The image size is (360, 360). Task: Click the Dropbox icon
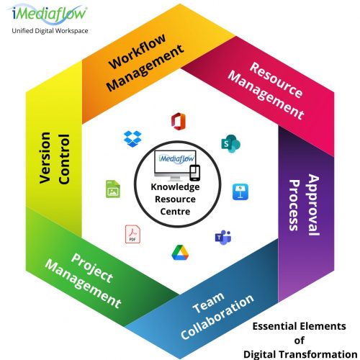click(132, 139)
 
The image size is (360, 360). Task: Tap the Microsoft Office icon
click(179, 122)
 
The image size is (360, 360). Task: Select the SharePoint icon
click(230, 143)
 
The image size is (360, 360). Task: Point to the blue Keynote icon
click(240, 192)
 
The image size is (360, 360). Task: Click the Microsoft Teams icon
click(223, 238)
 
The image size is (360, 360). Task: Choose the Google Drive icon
click(180, 253)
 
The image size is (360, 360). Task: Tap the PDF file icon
click(132, 234)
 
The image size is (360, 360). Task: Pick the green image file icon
click(113, 189)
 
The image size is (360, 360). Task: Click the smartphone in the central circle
click(195, 173)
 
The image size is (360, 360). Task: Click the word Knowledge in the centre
click(175, 187)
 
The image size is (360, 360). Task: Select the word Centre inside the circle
click(175, 212)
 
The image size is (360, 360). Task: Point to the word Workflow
click(137, 51)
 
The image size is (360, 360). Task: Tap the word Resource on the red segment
click(276, 80)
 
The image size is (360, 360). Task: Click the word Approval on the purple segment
click(314, 204)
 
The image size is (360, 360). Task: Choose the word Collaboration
click(217, 317)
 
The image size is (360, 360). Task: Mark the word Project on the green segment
click(92, 269)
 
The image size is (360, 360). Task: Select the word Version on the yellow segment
click(45, 158)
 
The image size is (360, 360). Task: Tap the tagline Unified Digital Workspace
click(50, 31)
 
